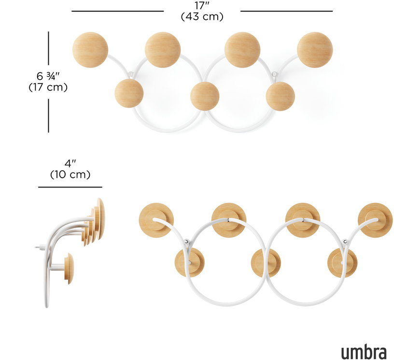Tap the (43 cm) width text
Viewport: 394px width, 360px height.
coord(202,16)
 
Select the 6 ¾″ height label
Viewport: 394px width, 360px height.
coord(48,76)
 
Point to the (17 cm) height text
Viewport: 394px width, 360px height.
coord(48,87)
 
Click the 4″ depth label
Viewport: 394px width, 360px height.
coord(70,163)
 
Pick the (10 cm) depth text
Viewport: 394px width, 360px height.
coord(70,174)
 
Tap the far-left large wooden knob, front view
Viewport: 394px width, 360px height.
coord(90,50)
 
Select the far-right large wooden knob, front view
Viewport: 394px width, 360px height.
coord(315,50)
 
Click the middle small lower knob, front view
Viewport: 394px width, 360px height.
coord(205,96)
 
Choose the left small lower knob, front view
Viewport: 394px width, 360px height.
coord(129,93)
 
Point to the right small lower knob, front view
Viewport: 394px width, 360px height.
coord(281,96)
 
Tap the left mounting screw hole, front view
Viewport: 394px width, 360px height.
coord(130,74)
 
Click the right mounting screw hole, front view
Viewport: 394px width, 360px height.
coord(275,74)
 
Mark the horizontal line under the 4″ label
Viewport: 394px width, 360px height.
coord(70,187)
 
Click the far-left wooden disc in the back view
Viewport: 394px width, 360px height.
coord(156,220)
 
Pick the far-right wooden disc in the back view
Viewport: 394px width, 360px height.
coord(375,220)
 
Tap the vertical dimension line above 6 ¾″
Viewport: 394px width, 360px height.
coord(48,48)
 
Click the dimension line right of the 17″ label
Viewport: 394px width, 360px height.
coord(287,11)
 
